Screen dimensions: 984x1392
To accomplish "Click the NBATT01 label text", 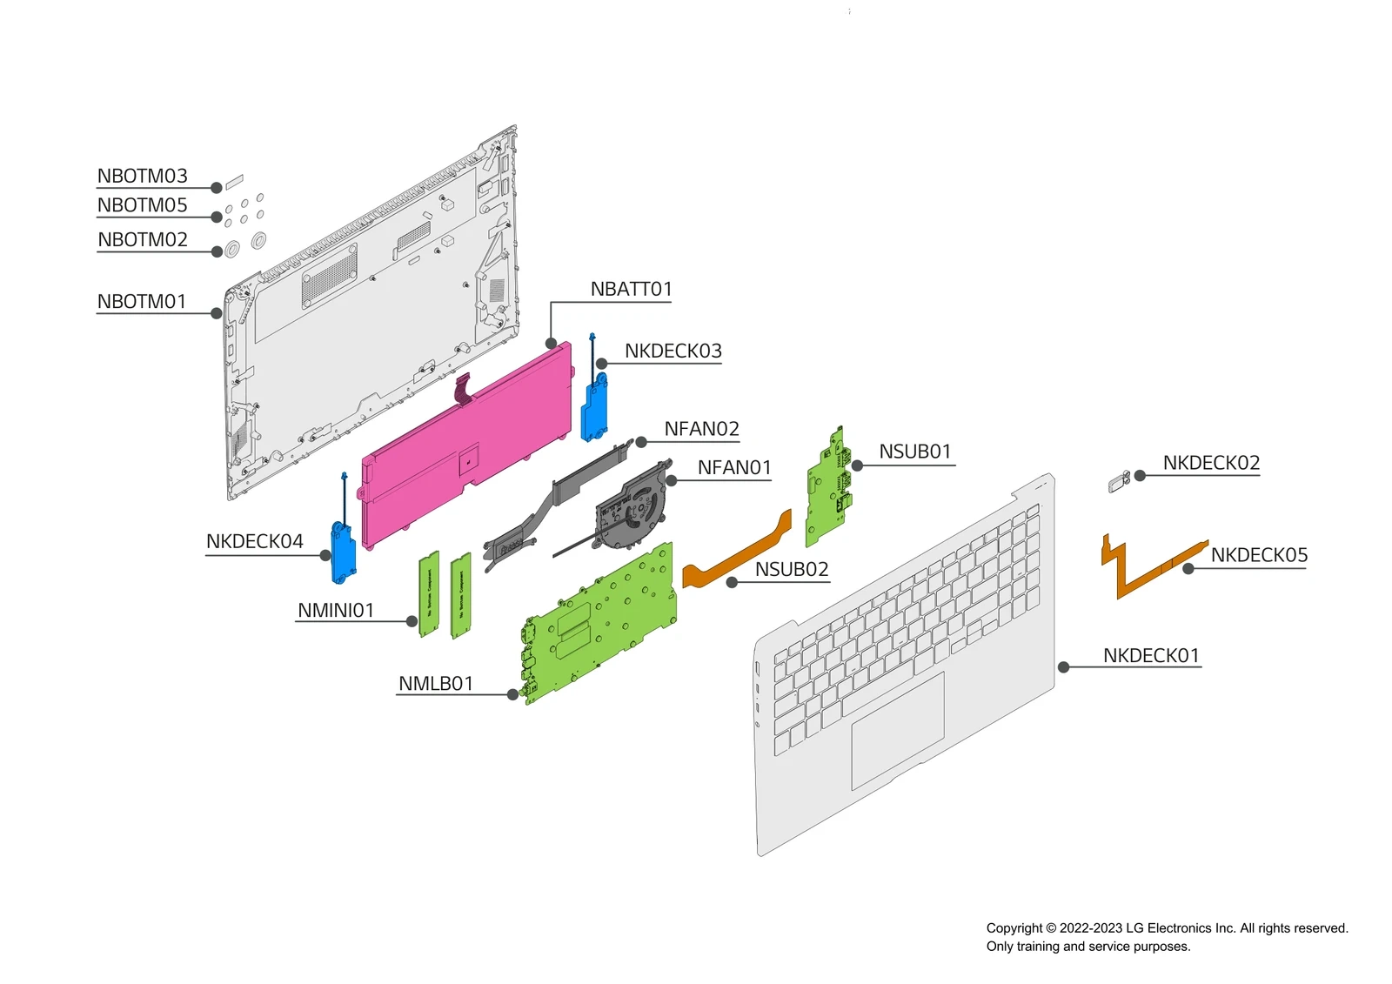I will tap(631, 289).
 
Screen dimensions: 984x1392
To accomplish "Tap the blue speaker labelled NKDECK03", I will tap(595, 409).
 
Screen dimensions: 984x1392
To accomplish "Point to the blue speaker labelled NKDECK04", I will tap(344, 553).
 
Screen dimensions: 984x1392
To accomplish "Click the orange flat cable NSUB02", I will tap(739, 553).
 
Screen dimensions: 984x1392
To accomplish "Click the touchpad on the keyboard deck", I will tap(897, 731).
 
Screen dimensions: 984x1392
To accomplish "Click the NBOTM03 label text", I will tap(142, 176).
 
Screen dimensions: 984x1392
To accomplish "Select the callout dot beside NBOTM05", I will tap(217, 218).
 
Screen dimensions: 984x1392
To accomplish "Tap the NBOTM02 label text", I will tap(142, 239).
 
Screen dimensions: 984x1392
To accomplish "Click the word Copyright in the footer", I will tap(1014, 928).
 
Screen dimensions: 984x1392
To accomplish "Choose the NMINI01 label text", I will tap(336, 611).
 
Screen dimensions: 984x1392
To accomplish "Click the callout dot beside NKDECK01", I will tap(1063, 667).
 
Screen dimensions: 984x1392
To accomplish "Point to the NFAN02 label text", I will tap(701, 429).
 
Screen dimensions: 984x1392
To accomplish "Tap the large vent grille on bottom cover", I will tap(329, 276).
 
